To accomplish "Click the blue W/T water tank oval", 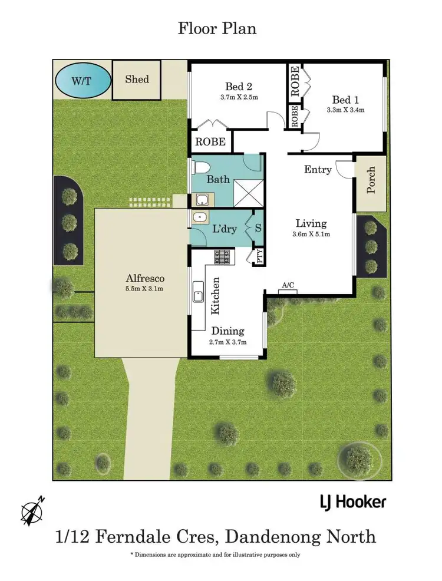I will click(83, 80).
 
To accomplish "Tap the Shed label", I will click(137, 80).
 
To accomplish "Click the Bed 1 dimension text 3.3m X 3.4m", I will click(345, 110).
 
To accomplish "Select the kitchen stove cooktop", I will click(223, 256).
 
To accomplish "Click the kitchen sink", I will click(198, 292).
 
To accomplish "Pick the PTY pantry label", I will click(259, 256).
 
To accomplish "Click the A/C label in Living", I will click(288, 286).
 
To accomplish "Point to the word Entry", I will click(318, 170).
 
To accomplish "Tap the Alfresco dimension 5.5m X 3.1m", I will click(144, 289).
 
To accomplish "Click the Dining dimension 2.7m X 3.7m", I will click(227, 342).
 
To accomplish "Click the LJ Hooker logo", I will click(352, 502).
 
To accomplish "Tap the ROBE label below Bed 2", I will click(210, 142).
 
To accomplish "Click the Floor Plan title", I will click(217, 28).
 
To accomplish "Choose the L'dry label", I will click(224, 228).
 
